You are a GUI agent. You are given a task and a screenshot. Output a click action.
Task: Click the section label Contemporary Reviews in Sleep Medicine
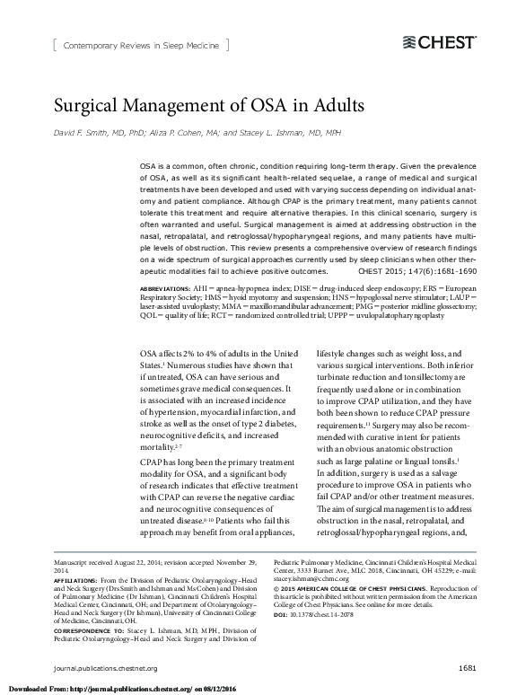point(139,43)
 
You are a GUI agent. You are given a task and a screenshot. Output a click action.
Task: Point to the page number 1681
point(467,668)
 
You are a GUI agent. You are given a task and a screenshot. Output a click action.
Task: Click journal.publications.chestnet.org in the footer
point(106,668)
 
